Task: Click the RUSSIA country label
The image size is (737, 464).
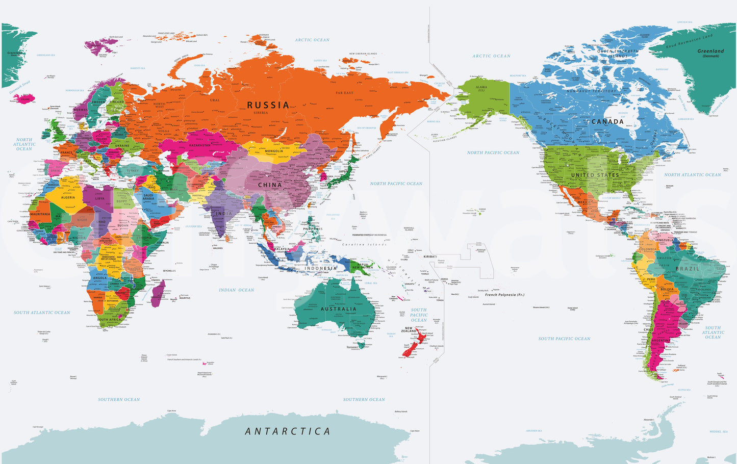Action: [268, 105]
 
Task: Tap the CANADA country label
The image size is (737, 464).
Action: [607, 121]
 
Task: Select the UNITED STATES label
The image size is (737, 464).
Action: [595, 175]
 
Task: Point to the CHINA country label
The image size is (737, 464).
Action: [270, 185]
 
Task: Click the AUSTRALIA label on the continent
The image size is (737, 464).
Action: [338, 309]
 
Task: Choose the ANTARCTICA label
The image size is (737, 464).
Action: [288, 431]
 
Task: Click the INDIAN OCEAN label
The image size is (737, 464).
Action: [236, 290]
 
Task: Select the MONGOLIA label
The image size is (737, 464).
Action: [274, 151]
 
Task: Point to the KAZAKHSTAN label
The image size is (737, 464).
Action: [200, 145]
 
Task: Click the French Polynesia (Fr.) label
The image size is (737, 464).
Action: [504, 295]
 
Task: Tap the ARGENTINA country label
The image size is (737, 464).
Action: [660, 340]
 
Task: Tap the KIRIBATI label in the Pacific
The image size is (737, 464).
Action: [430, 256]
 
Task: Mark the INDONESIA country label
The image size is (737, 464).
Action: [321, 268]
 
